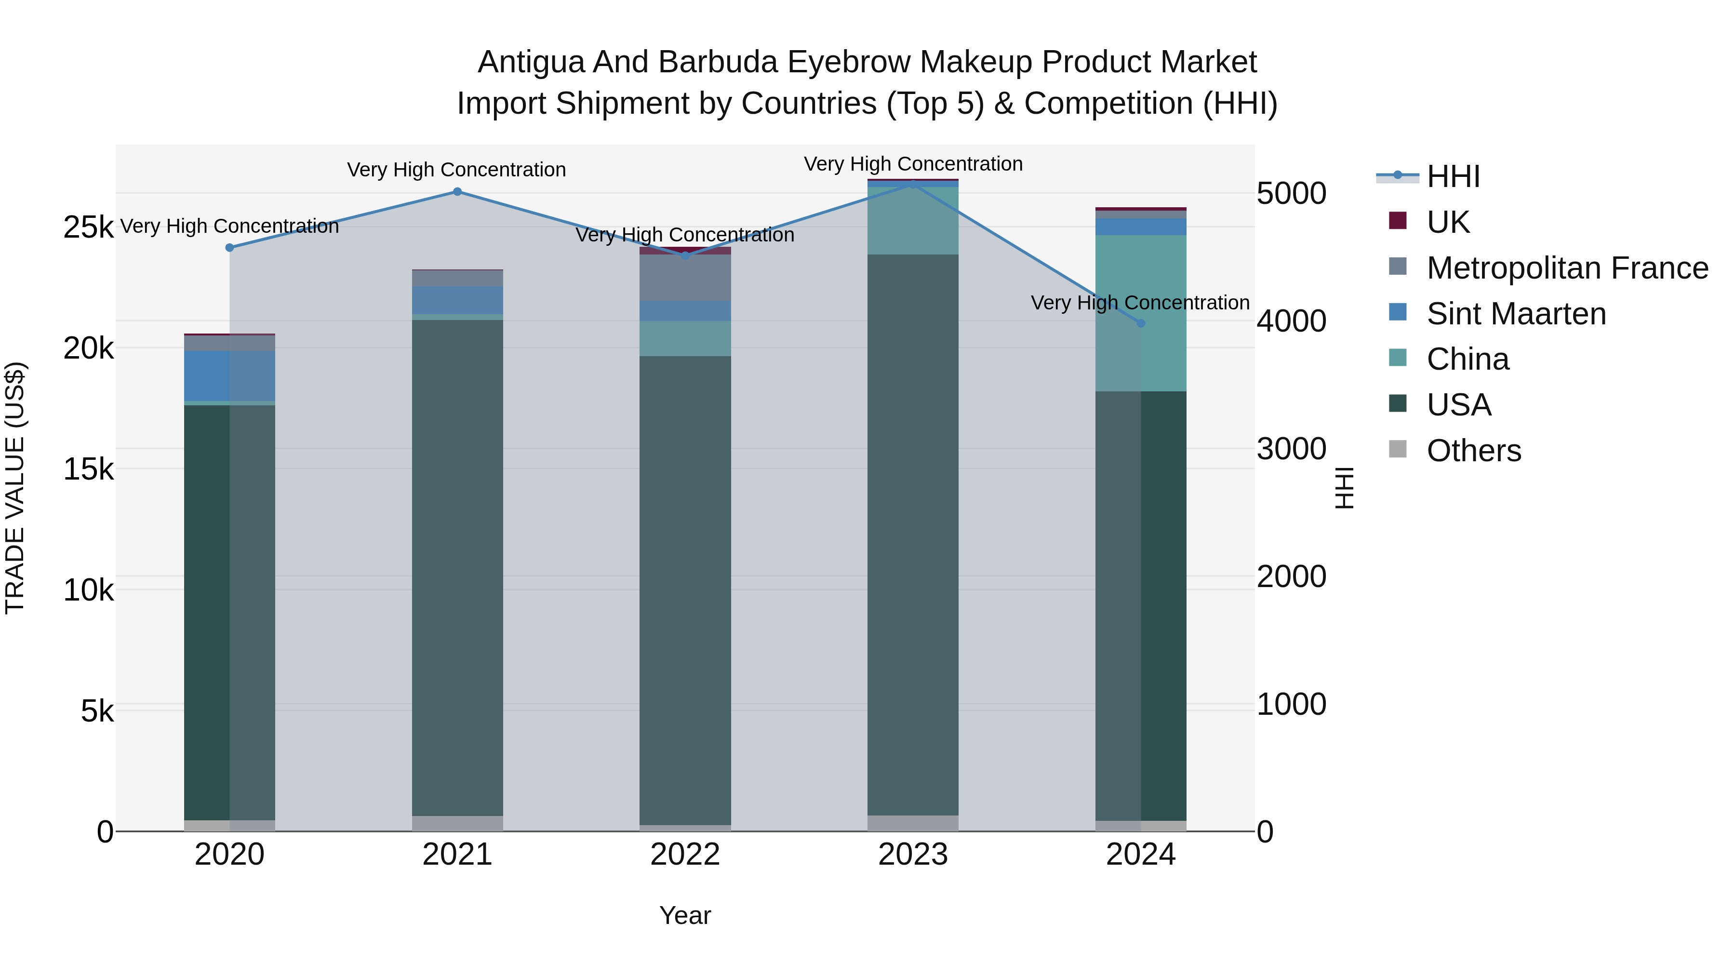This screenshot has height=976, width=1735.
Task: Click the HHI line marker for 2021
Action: (457, 192)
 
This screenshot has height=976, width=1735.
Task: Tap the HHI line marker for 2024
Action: (1141, 323)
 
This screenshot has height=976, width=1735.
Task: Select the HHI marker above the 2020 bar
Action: (230, 248)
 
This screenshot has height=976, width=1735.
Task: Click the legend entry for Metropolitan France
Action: (1567, 268)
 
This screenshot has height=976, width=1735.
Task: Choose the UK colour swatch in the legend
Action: (1398, 221)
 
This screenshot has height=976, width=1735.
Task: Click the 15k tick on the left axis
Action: (89, 469)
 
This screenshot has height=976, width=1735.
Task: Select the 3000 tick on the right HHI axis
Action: (1291, 449)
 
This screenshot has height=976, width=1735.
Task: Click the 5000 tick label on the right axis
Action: (1291, 194)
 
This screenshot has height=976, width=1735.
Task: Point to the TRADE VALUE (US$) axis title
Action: (15, 488)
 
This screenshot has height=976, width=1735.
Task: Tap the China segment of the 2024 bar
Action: (1141, 313)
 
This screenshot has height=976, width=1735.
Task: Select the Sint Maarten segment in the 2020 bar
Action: (230, 376)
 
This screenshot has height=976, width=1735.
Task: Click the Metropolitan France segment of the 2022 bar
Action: (685, 278)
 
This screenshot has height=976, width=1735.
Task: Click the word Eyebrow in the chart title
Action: (848, 63)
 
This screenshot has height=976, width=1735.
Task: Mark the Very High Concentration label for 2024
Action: (1140, 303)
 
